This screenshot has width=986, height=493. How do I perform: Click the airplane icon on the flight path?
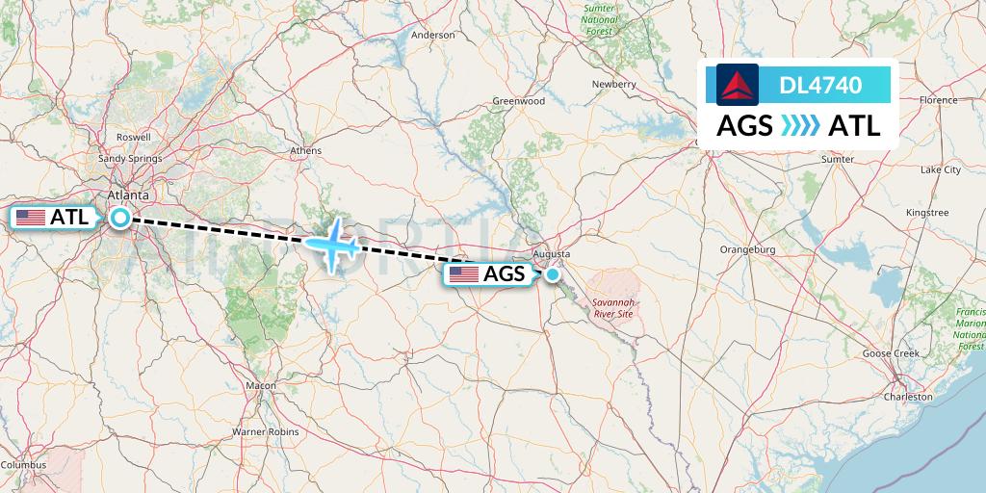click(332, 245)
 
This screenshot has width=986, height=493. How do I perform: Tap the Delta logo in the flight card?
click(738, 84)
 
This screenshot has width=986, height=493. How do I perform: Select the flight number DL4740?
click(820, 86)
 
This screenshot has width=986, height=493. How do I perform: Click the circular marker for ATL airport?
click(120, 218)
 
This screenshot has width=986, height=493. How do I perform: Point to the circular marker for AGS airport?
click(554, 274)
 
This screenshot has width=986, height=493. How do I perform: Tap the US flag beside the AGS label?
click(464, 274)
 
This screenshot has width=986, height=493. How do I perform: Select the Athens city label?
click(305, 150)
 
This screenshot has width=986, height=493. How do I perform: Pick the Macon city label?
click(260, 385)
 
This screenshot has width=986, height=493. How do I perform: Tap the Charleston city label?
click(908, 397)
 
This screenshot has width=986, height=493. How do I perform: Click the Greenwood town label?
click(519, 101)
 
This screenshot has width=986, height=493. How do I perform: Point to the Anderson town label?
click(432, 35)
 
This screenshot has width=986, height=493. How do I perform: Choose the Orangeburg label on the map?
click(747, 249)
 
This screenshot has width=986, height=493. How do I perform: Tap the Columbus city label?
click(23, 465)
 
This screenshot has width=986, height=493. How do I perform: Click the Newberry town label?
click(614, 84)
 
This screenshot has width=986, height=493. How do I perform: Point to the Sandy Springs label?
click(131, 158)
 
